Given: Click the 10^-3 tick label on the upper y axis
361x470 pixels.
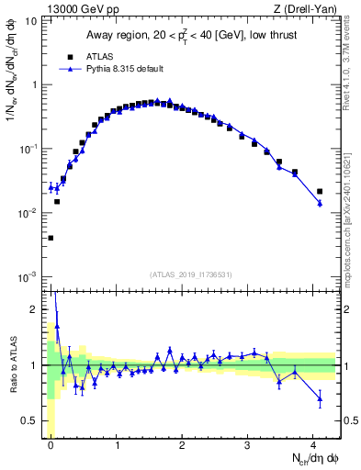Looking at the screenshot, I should [x=28, y=276].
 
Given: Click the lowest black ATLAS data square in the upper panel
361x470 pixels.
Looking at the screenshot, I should [x=51, y=238].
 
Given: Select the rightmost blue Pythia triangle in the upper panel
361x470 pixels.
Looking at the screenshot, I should [x=320, y=203].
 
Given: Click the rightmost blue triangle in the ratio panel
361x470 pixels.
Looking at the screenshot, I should [x=320, y=397].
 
